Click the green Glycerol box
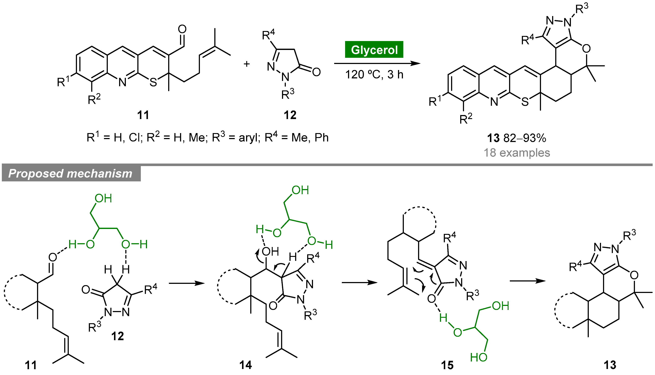[374, 49]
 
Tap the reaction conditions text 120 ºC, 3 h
[374, 75]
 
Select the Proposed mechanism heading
[71, 174]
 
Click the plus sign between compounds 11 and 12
[247, 64]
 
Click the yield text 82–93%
[525, 138]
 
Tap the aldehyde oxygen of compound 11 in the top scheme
[182, 29]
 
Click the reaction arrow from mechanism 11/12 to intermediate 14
[187, 283]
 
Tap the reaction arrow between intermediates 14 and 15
[360, 283]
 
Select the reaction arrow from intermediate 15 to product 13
[528, 281]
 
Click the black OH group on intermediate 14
[270, 252]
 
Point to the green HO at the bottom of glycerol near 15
[478, 357]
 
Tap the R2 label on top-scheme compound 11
[94, 99]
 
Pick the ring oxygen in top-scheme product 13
[586, 48]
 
